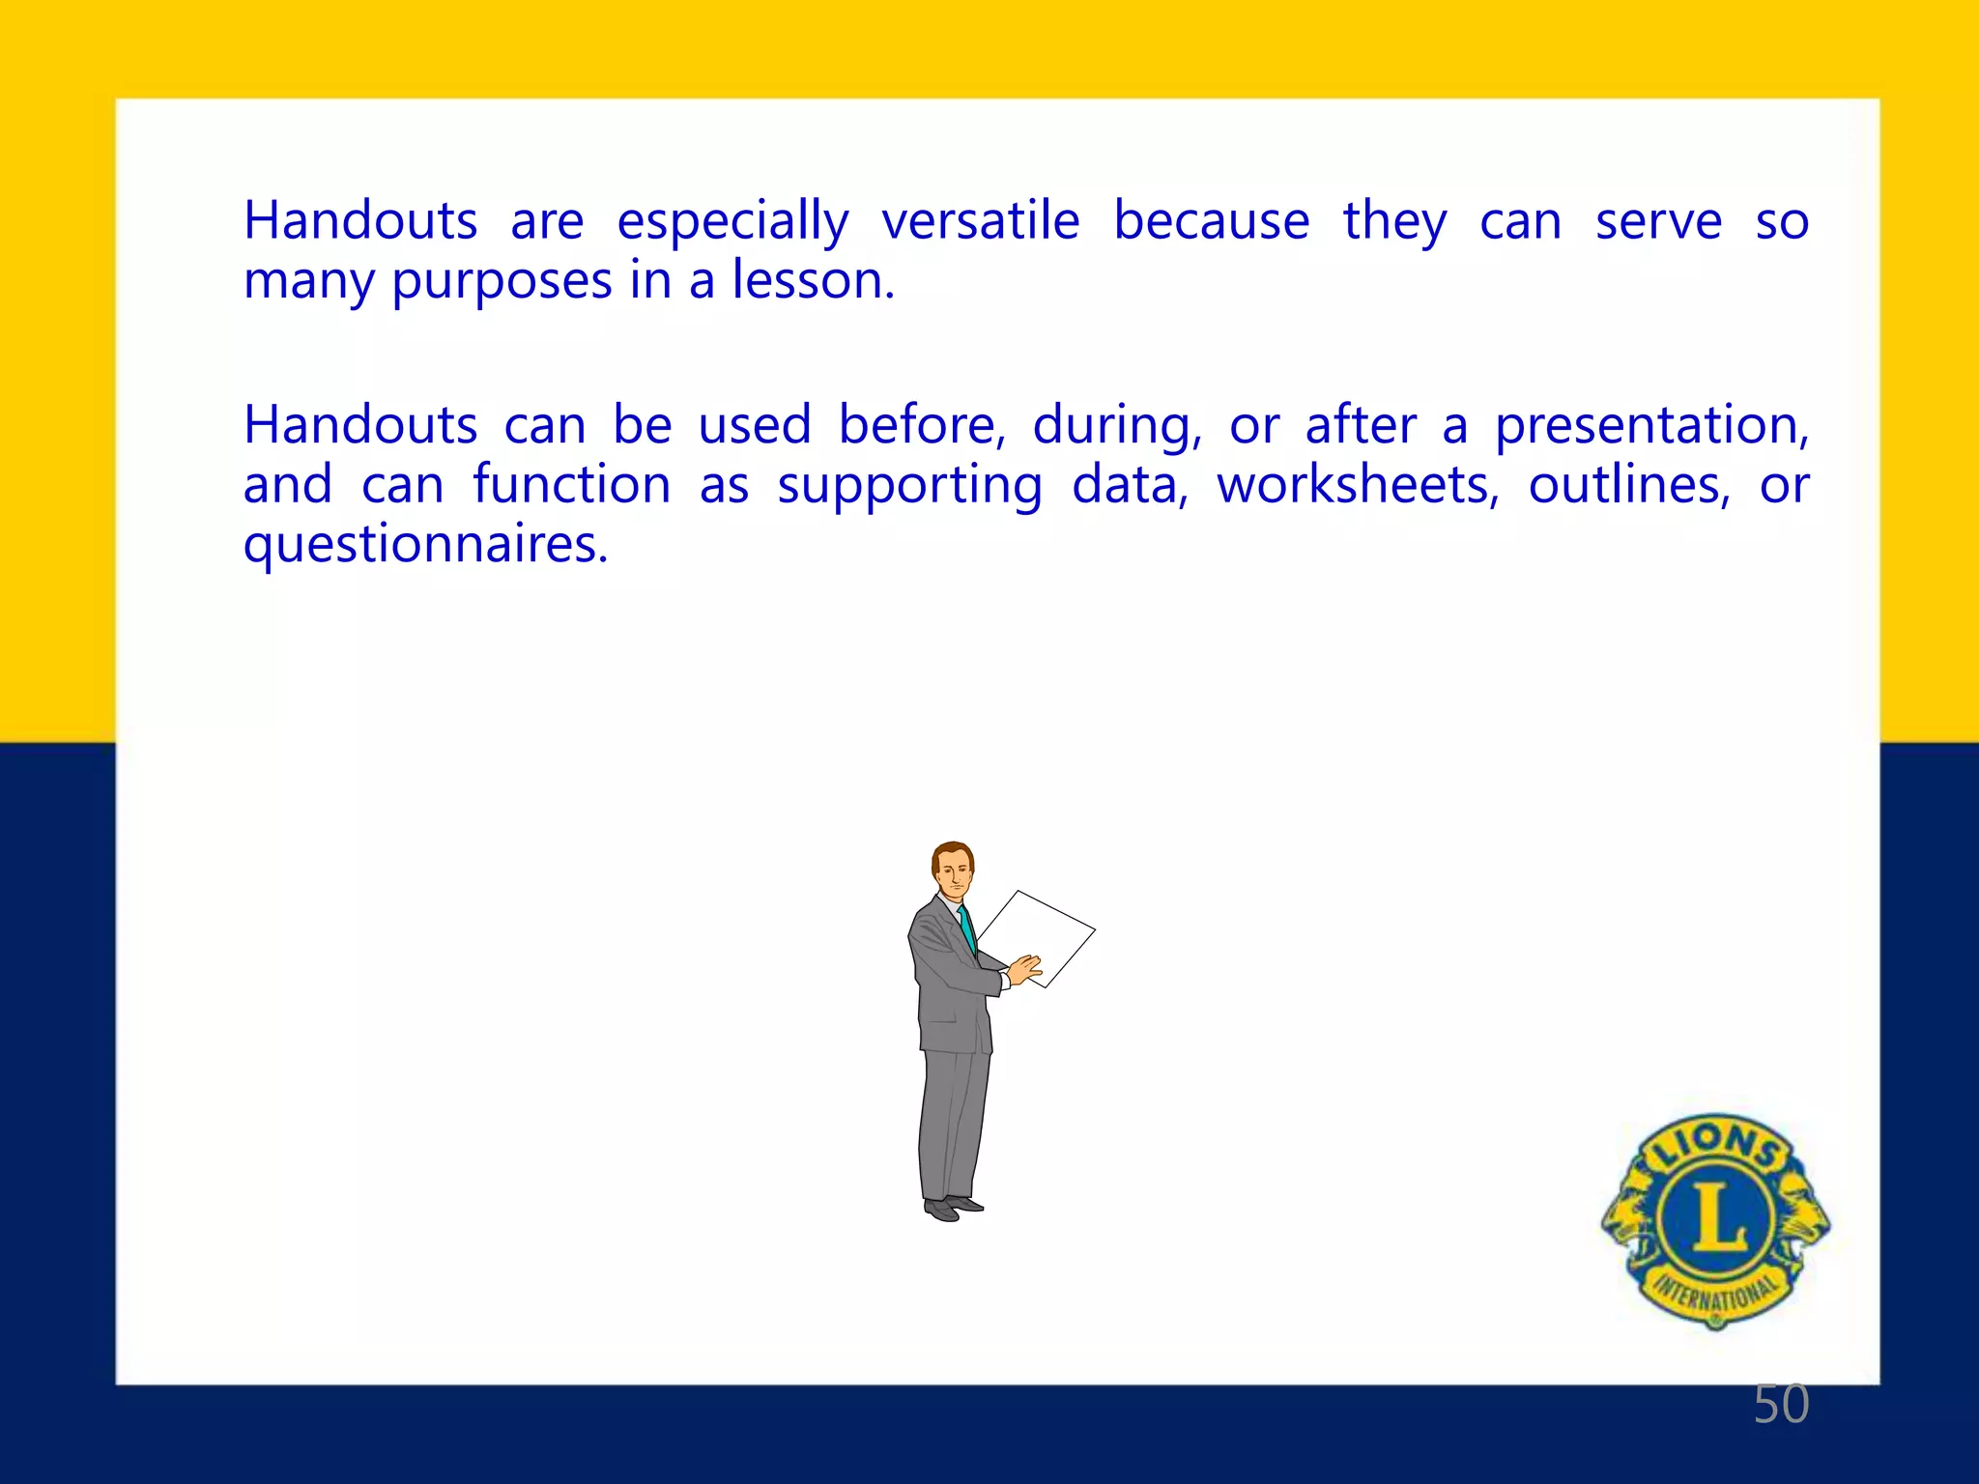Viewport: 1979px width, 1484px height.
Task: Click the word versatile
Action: [980, 221]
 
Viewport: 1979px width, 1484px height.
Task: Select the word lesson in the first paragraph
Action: [812, 281]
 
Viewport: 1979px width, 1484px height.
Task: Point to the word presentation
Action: [1650, 427]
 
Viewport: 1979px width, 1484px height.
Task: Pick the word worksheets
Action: [1357, 485]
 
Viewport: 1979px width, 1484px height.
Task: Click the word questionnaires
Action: [425, 546]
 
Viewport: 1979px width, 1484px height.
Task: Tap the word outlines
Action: [1629, 485]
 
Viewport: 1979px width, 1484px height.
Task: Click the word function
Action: [571, 485]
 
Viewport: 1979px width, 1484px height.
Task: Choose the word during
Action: [1116, 427]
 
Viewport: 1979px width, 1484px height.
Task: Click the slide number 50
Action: [1781, 1404]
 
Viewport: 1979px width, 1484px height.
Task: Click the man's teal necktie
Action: [967, 928]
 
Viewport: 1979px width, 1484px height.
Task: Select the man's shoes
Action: [953, 1208]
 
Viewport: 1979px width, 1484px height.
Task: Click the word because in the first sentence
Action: [1211, 221]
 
